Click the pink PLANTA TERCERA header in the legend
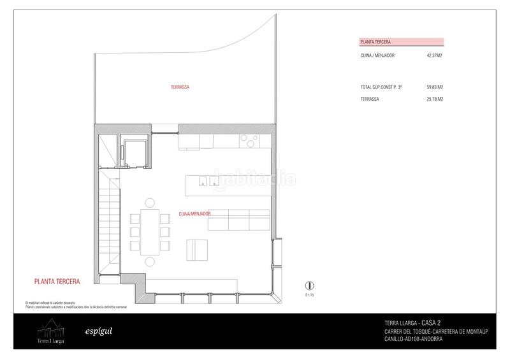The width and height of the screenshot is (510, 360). tap(375, 42)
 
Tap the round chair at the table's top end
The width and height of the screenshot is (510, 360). tap(150, 203)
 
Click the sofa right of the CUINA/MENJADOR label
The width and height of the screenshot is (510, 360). tap(239, 220)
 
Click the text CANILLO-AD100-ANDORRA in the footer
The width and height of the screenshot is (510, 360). tap(412, 339)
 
